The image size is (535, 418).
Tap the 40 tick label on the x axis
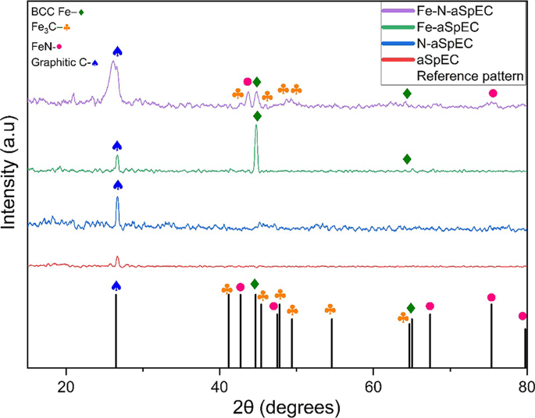[x=219, y=383]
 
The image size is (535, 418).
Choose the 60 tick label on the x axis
[x=373, y=383]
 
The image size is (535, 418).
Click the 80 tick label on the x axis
[x=525, y=383]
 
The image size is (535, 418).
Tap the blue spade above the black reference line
[x=116, y=286]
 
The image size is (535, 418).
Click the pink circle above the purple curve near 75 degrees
[x=492, y=94]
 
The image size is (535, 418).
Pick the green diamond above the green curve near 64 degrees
[x=407, y=159]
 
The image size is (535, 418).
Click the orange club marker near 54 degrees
[x=330, y=310]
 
